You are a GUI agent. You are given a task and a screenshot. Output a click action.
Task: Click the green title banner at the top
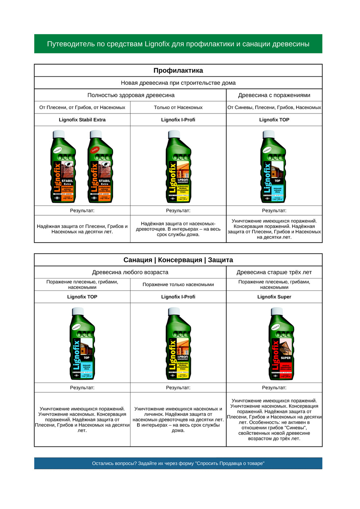coord(178,44)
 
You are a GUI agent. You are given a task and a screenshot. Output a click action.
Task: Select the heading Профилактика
coord(178,71)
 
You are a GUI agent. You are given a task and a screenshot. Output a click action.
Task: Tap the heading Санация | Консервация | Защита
coord(178,260)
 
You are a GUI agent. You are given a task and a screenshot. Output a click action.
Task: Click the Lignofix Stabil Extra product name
coord(82,120)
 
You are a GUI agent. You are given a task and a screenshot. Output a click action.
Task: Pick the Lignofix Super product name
coord(274,297)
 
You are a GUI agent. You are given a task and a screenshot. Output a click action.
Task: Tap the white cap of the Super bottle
coord(277,312)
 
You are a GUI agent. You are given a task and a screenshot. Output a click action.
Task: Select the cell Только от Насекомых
coord(178,107)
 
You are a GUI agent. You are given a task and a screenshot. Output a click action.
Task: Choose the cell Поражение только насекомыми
coord(178,285)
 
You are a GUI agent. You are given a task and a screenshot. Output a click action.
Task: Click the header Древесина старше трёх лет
coord(274,272)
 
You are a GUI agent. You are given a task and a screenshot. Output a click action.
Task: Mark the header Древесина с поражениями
coord(274,95)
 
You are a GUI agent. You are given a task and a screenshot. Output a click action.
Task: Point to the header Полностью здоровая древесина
coord(131,95)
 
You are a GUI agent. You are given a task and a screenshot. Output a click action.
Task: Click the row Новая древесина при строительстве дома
coord(178,83)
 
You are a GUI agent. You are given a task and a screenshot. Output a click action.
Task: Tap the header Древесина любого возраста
coord(130,272)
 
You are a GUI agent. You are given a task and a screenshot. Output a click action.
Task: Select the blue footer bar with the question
coord(178,463)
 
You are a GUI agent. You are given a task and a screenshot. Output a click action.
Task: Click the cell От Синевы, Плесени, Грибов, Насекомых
coord(274,107)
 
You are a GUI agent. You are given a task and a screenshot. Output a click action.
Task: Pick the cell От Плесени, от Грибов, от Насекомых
coord(82,107)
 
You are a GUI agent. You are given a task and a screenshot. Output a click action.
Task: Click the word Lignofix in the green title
coord(157,44)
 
